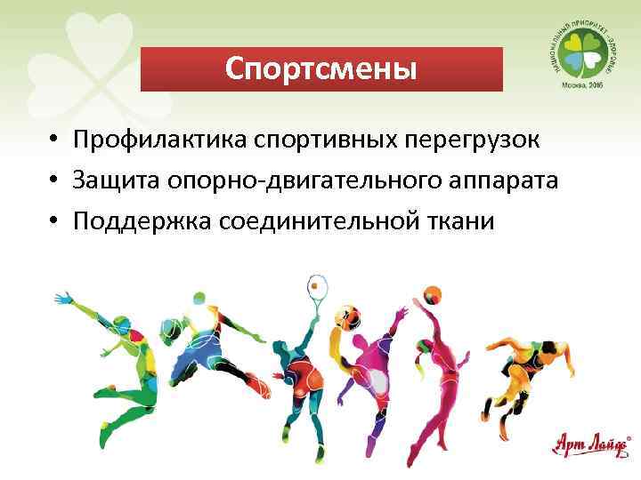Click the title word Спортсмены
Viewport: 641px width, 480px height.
[x=320, y=68]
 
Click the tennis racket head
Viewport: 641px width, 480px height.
[x=317, y=287]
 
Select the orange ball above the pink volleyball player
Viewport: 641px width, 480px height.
[x=434, y=292]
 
